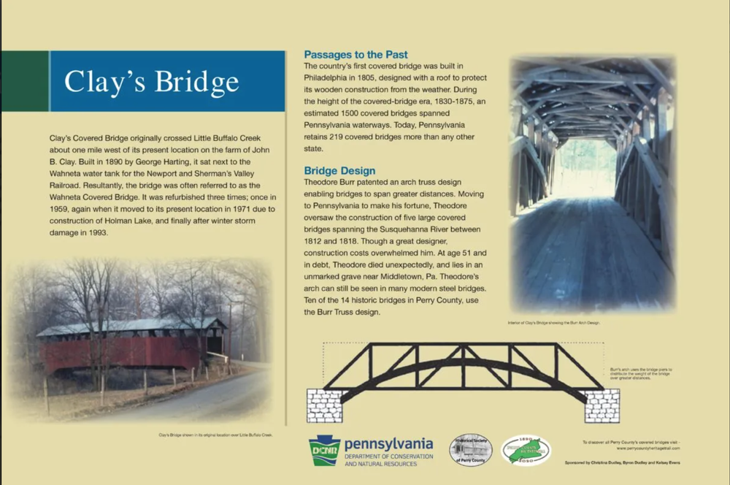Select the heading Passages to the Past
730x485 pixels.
(356, 55)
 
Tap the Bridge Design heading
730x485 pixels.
(339, 170)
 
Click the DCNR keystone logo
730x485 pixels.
(324, 450)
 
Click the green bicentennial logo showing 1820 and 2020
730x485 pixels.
(526, 450)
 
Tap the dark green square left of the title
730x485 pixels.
(24, 81)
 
